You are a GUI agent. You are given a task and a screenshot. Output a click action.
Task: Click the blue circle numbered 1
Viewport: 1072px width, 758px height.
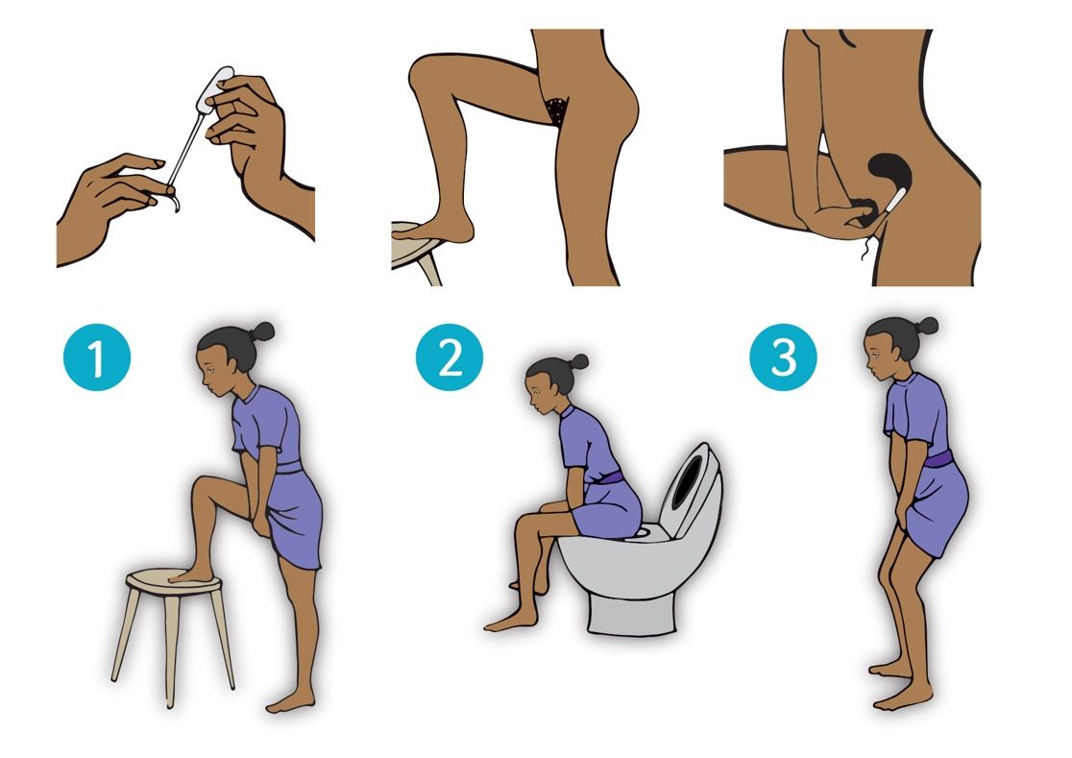(97, 356)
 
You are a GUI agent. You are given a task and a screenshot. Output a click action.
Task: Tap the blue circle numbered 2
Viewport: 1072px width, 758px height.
(450, 356)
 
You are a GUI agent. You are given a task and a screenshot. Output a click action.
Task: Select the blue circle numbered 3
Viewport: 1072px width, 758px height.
(783, 356)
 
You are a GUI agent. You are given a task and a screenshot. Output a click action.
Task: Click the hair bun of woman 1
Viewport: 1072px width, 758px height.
(262, 332)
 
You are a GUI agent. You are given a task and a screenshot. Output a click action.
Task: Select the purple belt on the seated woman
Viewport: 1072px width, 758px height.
(607, 477)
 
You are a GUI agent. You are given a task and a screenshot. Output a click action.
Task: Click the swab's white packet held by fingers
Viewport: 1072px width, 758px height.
(213, 89)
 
